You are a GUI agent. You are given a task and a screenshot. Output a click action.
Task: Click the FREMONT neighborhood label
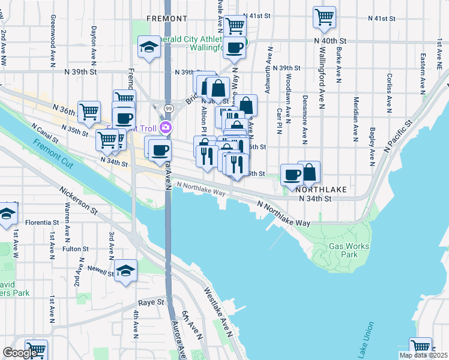[x=166, y=19]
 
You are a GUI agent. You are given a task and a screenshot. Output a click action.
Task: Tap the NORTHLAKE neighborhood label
[x=321, y=189]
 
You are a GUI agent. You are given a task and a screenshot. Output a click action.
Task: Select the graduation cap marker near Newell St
[x=126, y=271]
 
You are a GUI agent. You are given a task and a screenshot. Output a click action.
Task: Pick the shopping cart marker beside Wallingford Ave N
[x=325, y=17]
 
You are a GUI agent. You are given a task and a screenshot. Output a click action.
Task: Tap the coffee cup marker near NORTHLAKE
[x=292, y=174]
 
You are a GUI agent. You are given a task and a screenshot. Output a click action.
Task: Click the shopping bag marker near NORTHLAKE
[x=309, y=172]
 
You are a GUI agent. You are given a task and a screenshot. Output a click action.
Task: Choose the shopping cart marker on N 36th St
[x=89, y=110]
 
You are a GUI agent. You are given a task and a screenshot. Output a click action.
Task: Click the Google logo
[x=20, y=353]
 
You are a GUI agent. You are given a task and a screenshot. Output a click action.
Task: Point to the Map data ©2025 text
[x=424, y=355]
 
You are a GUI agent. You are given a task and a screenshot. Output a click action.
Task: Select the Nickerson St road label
[x=78, y=200]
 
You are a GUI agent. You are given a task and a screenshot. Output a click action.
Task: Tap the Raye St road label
[x=151, y=303]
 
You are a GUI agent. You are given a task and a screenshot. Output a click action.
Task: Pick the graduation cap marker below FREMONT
[x=148, y=48]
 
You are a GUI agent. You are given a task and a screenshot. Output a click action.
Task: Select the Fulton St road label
[x=76, y=248]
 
